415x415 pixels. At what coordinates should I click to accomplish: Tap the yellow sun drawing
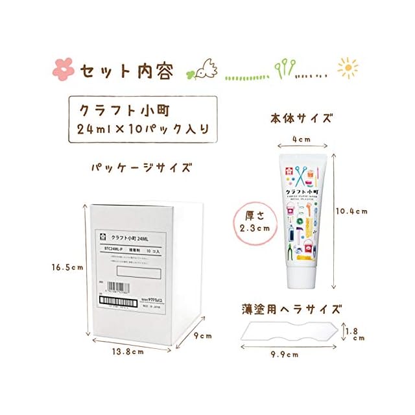(348, 67)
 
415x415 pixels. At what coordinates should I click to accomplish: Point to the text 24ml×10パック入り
(143, 128)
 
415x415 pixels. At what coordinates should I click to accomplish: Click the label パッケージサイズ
(143, 168)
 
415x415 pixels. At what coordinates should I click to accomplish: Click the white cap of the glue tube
(302, 275)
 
